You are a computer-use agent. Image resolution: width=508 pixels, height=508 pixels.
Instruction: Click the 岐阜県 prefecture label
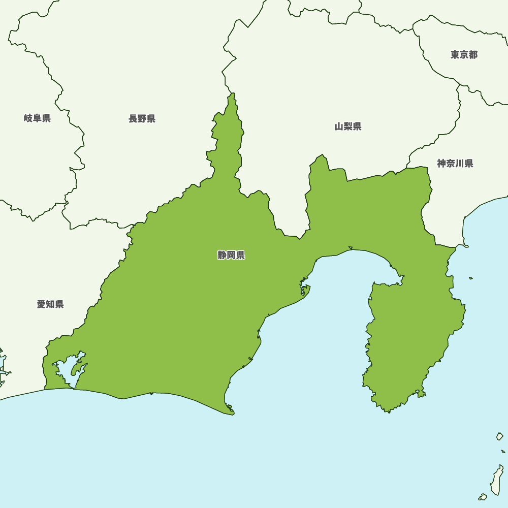pos(37,118)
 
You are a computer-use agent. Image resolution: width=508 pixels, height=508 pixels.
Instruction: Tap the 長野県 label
pos(142,119)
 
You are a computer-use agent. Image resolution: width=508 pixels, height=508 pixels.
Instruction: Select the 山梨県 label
pos(348,126)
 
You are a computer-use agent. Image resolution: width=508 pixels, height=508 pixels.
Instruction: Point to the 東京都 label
pos(464,55)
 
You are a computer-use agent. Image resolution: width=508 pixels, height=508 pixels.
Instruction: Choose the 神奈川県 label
pos(455,164)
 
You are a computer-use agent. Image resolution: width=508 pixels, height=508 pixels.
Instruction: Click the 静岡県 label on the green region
pos(231,256)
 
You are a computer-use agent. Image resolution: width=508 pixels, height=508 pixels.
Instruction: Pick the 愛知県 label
pos(50,304)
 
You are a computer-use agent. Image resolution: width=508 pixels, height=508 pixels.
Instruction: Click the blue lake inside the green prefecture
pos(69,371)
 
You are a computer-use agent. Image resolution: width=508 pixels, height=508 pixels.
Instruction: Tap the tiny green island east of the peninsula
pos(471,278)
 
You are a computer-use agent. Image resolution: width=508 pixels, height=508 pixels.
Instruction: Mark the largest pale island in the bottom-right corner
pos(496,480)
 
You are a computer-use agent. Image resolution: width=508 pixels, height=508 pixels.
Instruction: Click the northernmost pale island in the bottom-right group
pos(500,436)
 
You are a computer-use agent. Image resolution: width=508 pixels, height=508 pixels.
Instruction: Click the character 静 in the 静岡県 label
pos(222,256)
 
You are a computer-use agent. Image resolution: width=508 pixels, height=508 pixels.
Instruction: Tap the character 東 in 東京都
pos(455,55)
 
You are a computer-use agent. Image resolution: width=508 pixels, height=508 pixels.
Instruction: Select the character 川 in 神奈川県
pos(459,164)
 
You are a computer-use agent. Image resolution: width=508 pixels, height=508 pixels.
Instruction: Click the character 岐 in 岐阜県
pos(28,118)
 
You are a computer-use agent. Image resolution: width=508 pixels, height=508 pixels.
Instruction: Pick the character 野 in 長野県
pos(142,119)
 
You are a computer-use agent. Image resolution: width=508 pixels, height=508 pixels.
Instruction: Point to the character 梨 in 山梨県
pos(348,126)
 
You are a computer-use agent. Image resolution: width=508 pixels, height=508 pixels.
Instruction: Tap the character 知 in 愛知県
pos(50,304)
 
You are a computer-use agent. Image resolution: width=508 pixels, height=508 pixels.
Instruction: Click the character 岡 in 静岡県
pos(231,256)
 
